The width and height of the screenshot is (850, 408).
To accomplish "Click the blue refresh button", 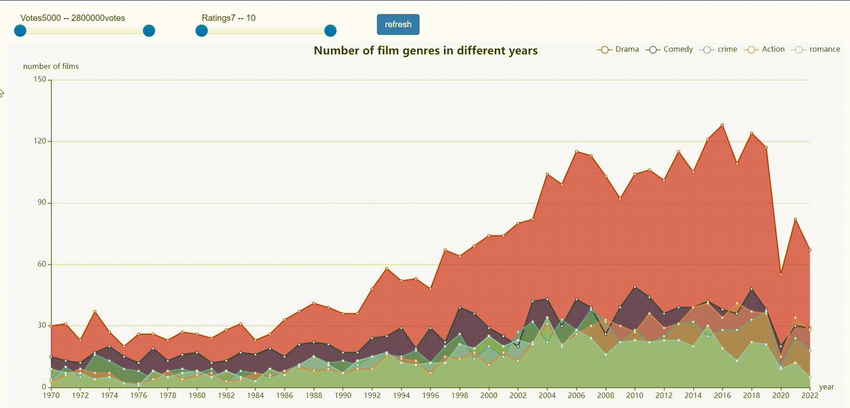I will click(398, 24).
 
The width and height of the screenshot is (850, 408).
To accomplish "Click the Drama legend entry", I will click(618, 49).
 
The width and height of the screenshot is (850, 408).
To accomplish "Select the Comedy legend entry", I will click(669, 49).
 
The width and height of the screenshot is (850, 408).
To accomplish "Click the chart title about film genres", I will click(425, 50).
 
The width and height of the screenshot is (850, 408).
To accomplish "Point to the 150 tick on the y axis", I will click(40, 79).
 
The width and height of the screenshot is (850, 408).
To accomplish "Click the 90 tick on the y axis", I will click(42, 203).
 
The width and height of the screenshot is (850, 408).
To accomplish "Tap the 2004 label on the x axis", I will click(547, 395).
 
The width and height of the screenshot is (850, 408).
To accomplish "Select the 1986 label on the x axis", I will click(284, 395).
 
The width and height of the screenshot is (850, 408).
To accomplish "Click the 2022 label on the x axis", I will click(810, 395).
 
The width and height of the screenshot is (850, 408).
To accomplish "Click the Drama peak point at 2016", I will click(722, 125).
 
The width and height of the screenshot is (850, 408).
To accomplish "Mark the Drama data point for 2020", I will click(781, 274).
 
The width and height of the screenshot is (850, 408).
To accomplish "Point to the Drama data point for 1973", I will click(95, 311).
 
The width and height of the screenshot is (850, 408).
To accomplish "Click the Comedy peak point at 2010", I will click(635, 287).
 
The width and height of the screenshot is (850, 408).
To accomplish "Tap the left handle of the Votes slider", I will click(20, 30).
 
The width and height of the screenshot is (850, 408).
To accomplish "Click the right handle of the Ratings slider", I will click(330, 30).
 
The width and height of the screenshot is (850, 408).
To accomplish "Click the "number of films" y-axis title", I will click(51, 66).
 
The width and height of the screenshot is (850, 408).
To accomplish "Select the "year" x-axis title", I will click(826, 387).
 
